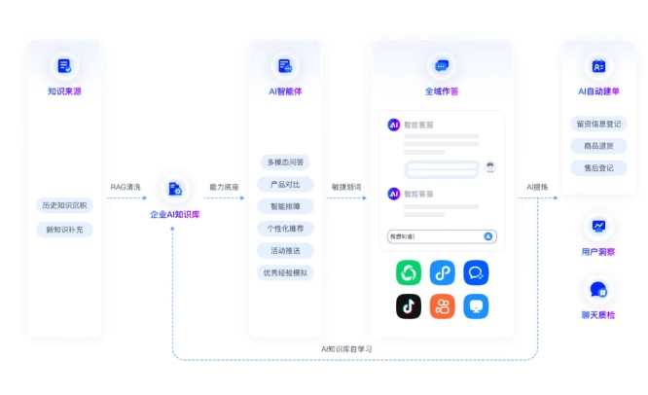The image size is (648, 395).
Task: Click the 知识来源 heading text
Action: point(64,91)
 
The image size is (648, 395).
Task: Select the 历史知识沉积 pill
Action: point(64,205)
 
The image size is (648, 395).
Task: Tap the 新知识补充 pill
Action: point(64,230)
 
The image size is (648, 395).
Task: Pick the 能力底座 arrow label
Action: point(225,187)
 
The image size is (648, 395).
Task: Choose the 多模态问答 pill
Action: point(286,162)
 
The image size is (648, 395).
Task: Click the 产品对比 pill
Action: point(286,184)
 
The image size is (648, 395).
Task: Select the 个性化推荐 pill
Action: point(286,229)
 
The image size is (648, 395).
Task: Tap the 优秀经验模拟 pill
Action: point(286,273)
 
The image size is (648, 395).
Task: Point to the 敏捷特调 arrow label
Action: point(345,187)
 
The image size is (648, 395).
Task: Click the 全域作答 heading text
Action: point(442,91)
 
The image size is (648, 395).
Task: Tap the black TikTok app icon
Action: point(409,306)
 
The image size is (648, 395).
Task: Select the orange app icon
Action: point(443,306)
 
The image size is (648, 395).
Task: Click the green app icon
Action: point(409,273)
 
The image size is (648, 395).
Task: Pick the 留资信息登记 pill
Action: point(598,124)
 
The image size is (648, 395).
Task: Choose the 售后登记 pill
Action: point(598,168)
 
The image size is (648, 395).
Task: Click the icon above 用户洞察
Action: point(598,226)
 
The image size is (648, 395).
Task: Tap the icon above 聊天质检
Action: point(598,289)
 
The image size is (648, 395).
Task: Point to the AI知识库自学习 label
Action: point(347,348)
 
